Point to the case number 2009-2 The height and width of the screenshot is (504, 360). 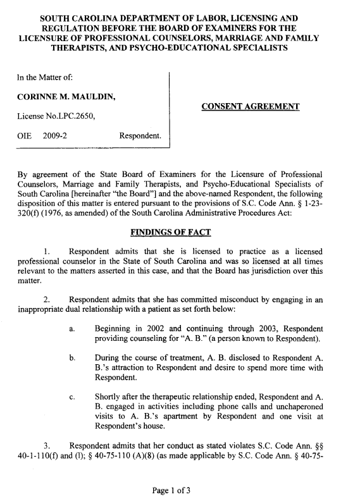pos(56,136)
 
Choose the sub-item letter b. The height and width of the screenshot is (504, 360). pos(73,358)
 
